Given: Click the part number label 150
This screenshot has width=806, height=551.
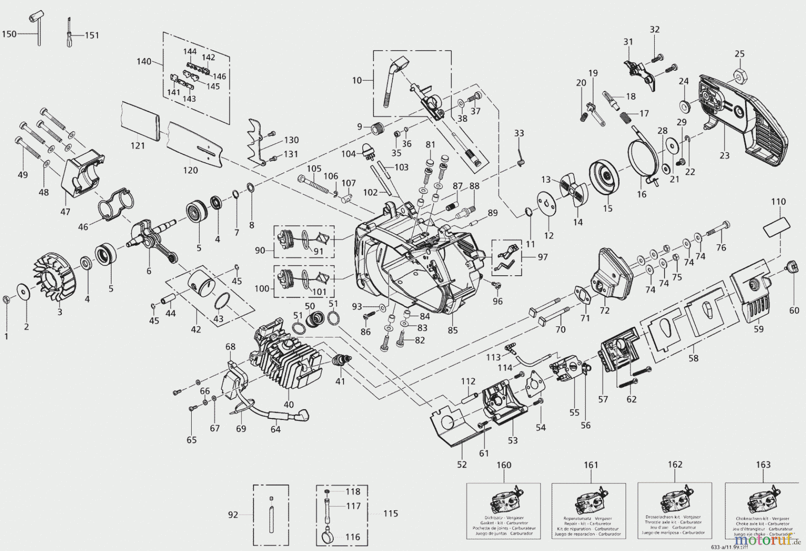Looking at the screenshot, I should tap(9, 34).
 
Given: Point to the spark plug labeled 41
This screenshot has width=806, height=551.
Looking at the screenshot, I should tap(341, 359).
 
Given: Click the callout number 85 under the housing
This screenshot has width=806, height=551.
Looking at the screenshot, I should tap(453, 330).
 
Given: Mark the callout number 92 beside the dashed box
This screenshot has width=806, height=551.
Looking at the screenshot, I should tap(233, 515).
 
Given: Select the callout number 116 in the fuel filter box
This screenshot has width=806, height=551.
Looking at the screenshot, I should tap(353, 537).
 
